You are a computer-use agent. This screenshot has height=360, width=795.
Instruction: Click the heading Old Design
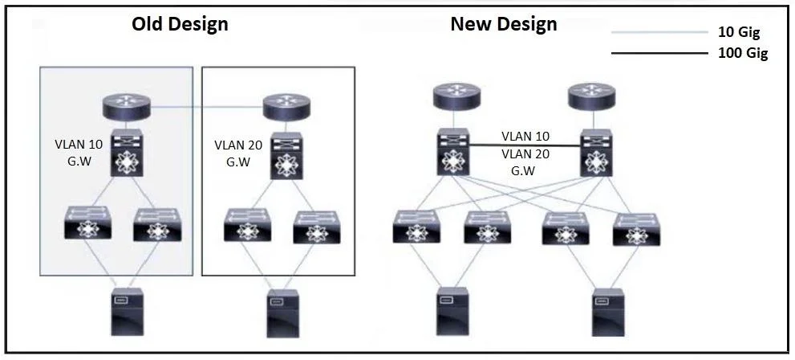180,23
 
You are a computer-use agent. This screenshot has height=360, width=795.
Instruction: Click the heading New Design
504,24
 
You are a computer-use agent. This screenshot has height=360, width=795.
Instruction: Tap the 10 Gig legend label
739,33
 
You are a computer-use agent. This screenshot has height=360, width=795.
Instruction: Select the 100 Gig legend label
743,53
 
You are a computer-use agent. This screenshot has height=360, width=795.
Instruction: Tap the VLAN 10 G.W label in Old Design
79,151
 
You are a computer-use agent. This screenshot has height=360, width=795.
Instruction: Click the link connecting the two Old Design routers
207,107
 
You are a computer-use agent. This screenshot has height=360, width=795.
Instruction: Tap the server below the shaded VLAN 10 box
127,312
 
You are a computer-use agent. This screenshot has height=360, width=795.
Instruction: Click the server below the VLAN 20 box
283,313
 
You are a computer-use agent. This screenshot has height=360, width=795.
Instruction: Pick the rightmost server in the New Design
607,312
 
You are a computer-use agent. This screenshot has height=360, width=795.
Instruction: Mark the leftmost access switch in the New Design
416,226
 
